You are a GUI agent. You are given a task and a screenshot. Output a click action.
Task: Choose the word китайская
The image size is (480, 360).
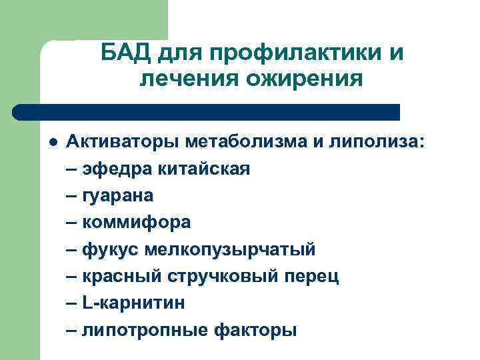[203, 168]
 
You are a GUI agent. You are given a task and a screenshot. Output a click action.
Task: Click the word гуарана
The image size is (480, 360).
[117, 195]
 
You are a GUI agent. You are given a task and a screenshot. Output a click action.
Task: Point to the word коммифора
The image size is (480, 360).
[136, 221]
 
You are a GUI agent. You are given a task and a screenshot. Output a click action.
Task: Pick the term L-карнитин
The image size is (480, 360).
[133, 302]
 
